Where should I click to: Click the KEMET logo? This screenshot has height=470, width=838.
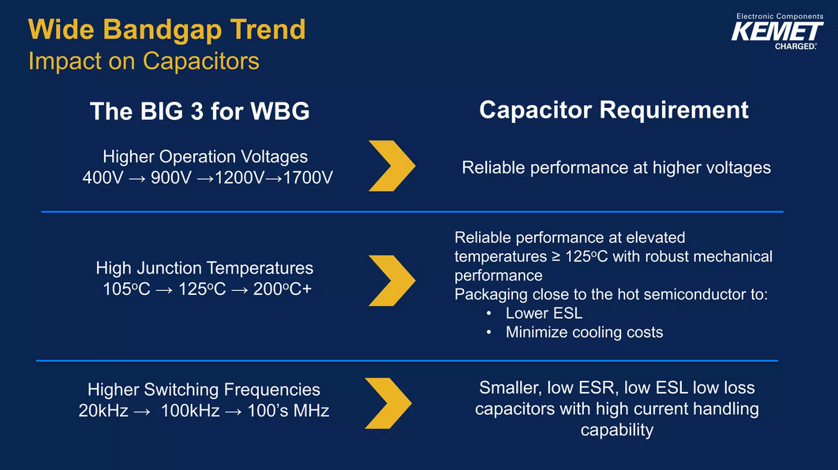(x=777, y=32)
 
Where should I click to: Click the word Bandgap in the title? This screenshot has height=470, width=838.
(x=162, y=30)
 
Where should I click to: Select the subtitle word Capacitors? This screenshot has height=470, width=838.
(x=201, y=62)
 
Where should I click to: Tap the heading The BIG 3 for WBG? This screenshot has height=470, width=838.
(x=200, y=111)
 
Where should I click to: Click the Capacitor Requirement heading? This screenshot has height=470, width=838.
(x=614, y=110)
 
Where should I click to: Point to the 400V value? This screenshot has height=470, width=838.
(x=103, y=177)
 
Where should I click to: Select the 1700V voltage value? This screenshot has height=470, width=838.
(x=308, y=177)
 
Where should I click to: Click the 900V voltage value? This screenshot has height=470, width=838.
(x=171, y=177)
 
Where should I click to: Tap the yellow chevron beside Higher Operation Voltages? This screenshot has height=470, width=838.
(x=392, y=166)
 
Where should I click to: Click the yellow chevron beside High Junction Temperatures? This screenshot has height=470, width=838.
(x=392, y=281)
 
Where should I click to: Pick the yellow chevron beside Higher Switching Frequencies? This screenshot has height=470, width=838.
(x=388, y=403)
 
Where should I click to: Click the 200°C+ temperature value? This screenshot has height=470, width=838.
(x=282, y=289)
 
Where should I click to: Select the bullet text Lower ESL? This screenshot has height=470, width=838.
(x=544, y=313)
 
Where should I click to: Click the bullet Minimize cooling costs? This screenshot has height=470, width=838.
(x=584, y=332)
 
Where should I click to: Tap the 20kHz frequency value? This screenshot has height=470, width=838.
(x=103, y=411)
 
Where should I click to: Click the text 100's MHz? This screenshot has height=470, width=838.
(x=287, y=411)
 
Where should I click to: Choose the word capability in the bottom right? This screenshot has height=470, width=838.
(x=617, y=431)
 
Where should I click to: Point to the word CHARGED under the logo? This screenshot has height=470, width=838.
(x=795, y=47)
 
